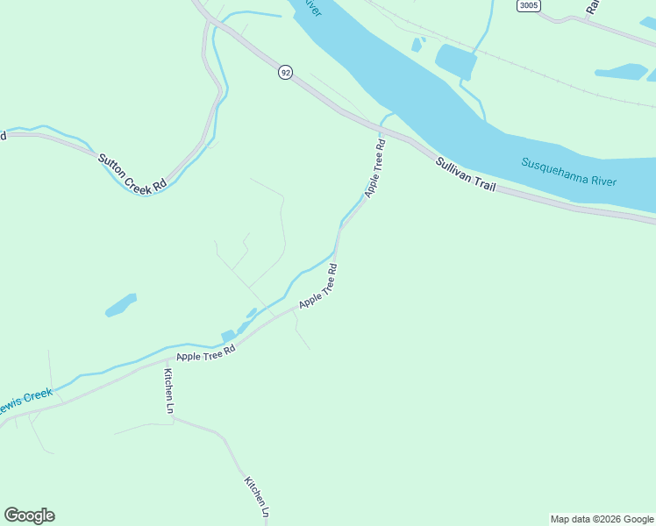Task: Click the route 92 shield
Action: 285,72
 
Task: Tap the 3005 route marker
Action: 529,6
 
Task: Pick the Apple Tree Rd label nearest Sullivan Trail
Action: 375,168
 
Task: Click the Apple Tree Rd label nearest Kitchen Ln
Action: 206,352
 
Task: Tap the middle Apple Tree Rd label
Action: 318,287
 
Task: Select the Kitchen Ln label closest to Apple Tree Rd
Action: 168,389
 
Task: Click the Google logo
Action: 29,515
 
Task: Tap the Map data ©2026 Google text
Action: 602,519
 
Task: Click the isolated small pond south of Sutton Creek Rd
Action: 121,304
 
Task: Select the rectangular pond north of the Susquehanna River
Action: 455,60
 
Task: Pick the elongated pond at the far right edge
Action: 621,71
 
